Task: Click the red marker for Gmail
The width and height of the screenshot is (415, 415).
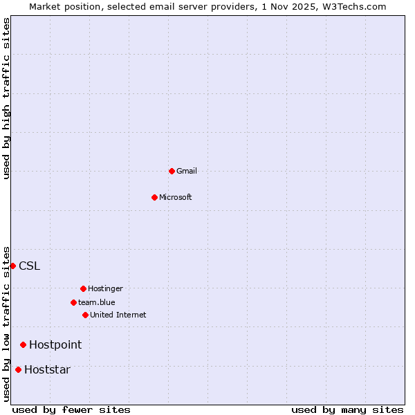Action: point(172,171)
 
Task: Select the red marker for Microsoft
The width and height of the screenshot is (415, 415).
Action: point(154,197)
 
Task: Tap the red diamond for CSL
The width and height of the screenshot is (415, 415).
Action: point(12,266)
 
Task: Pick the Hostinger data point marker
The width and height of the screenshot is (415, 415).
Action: point(83,288)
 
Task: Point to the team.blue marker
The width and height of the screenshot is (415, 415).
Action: point(73,302)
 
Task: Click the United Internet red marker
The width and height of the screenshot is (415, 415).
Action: point(85,315)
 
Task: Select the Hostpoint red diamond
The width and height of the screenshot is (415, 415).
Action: point(23,344)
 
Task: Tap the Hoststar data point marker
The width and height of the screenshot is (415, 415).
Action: point(18,369)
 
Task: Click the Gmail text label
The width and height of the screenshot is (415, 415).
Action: point(187,171)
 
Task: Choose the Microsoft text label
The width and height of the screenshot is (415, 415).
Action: point(176,197)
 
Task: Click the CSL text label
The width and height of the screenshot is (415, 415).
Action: point(30,266)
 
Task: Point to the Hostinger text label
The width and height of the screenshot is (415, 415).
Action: point(105,288)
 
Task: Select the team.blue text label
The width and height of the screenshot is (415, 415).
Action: point(97,302)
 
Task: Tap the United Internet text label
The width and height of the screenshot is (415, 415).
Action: point(118,315)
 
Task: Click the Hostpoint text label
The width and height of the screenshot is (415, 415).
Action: point(55,344)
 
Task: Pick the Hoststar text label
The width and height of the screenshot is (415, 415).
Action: point(47,369)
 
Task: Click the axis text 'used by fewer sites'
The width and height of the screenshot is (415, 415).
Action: point(71,409)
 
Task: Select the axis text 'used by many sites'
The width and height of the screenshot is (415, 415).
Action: point(347,409)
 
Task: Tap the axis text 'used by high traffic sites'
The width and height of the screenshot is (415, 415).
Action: point(6,98)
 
